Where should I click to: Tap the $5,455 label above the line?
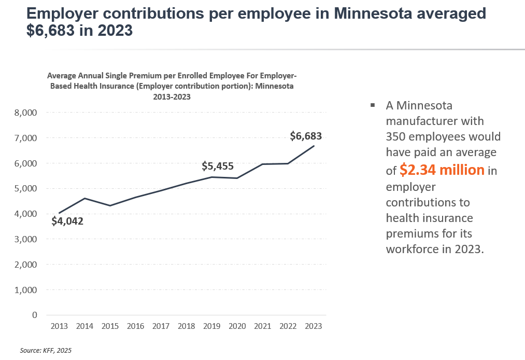pyautogui.click(x=218, y=167)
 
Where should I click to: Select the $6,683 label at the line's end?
pyautogui.click(x=306, y=136)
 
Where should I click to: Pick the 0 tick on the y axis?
pyautogui.click(x=35, y=315)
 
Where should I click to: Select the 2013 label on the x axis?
pyautogui.click(x=59, y=326)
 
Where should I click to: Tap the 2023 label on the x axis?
pyautogui.click(x=314, y=326)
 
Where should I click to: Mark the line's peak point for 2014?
pyautogui.click(x=84, y=198)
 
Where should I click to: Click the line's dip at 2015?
pyautogui.click(x=110, y=205)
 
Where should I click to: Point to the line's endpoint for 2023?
pyautogui.click(x=314, y=146)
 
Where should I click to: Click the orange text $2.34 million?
pyautogui.click(x=442, y=170)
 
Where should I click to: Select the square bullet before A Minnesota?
pyautogui.click(x=373, y=106)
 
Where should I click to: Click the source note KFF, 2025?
pyautogui.click(x=46, y=351)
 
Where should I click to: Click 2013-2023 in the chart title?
pyautogui.click(x=171, y=96)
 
